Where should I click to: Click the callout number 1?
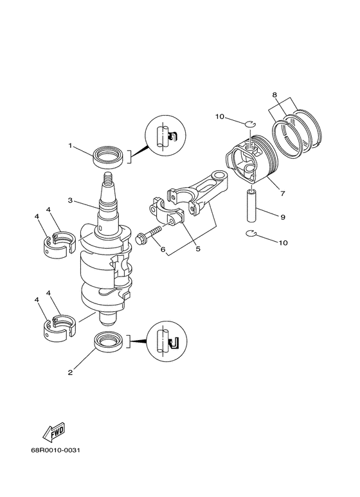71,146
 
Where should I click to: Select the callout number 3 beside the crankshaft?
71,201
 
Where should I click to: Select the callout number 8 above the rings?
275,95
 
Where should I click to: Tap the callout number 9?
283,217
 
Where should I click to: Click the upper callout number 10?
220,117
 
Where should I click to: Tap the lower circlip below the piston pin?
254,234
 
